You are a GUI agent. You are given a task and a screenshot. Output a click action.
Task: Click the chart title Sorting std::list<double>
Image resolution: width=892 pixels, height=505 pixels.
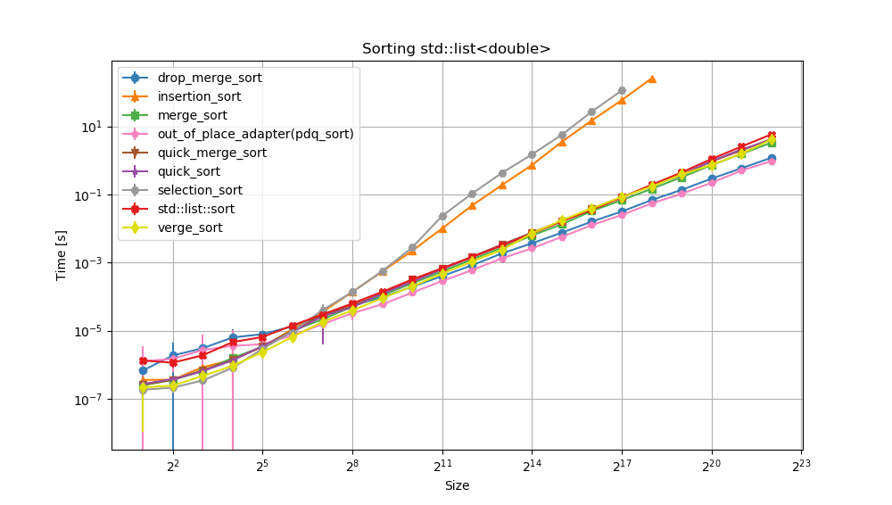[456, 49]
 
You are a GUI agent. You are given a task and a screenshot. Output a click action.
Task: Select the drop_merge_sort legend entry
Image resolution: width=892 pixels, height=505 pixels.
[202, 78]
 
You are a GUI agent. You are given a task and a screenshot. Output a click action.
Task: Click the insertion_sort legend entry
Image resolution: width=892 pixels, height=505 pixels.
[199, 96]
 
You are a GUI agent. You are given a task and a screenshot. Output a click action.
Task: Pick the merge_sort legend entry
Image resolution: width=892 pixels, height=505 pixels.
[192, 115]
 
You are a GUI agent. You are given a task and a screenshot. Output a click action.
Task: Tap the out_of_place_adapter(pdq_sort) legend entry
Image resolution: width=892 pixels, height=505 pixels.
[255, 134]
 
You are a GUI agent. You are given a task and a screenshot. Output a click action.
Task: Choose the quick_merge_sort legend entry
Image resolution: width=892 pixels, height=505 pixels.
[211, 153]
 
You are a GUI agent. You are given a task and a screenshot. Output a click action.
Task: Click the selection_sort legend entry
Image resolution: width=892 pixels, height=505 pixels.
[200, 190]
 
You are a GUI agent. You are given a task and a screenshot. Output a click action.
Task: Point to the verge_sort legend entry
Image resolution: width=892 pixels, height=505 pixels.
[190, 228]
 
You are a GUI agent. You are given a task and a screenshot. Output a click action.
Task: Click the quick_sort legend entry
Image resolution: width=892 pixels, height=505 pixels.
[189, 171]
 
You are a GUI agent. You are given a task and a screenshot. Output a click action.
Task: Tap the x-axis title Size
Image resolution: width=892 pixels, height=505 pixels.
[457, 486]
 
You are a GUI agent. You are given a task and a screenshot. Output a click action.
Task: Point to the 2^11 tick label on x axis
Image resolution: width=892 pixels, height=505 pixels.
[442, 466]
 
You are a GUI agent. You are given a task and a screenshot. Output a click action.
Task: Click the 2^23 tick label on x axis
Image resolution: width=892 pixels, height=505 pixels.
[801, 466]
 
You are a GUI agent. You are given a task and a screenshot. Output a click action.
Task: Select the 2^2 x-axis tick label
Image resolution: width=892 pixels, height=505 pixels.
[173, 466]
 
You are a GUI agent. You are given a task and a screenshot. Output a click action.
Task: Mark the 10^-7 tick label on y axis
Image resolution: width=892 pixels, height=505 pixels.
[90, 400]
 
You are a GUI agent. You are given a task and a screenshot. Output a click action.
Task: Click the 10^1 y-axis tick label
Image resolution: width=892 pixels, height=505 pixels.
[93, 127]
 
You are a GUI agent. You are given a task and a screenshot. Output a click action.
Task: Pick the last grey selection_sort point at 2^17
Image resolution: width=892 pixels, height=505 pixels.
[622, 91]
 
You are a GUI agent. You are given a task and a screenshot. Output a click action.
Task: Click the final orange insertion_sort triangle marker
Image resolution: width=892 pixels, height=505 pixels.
[652, 79]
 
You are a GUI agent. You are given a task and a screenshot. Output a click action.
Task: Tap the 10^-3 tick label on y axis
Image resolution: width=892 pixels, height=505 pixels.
[90, 263]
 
